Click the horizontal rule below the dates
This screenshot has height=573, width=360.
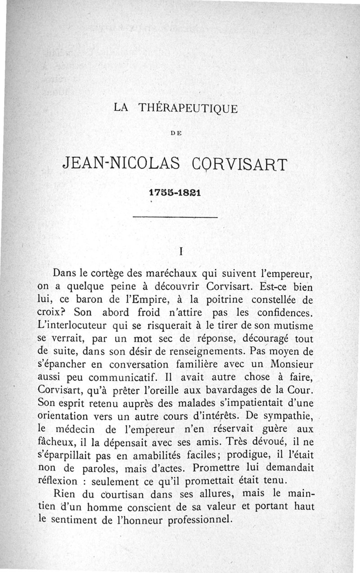175,218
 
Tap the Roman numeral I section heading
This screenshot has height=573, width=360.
180,252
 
